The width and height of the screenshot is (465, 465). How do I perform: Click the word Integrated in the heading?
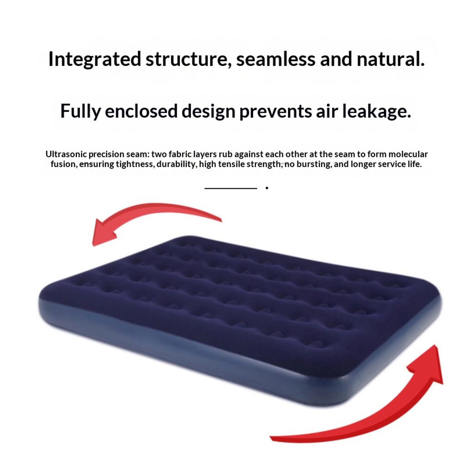pyautogui.click(x=94, y=59)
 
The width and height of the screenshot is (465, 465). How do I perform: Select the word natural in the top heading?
pyautogui.click(x=391, y=59)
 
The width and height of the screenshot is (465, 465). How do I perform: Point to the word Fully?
pyautogui.click(x=80, y=112)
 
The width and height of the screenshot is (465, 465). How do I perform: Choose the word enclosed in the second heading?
pyautogui.click(x=141, y=111)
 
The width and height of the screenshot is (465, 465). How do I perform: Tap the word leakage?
pyautogui.click(x=376, y=112)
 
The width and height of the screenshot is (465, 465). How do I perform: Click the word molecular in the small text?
pyautogui.click(x=408, y=154)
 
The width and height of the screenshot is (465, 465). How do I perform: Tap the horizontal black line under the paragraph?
pyautogui.click(x=231, y=188)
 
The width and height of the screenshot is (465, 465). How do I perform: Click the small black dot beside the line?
pyautogui.click(x=267, y=188)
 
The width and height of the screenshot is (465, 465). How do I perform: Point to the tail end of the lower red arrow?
pyautogui.click(x=271, y=437)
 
